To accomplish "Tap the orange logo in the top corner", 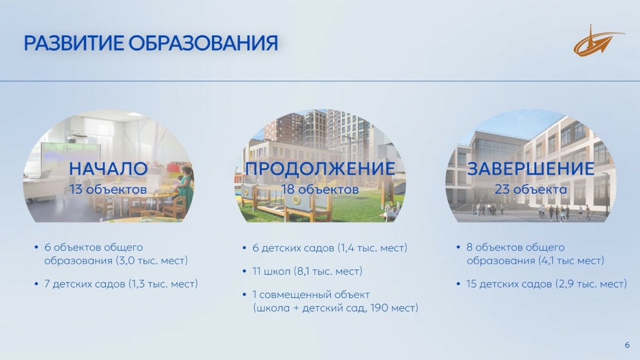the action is click(599, 41).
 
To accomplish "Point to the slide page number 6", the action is click(627, 345).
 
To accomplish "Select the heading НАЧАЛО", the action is click(108, 169).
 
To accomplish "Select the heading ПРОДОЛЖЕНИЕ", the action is click(320, 169).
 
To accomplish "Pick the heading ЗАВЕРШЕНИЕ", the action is click(531, 169).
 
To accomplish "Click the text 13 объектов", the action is click(108, 189).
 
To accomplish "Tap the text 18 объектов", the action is click(320, 189).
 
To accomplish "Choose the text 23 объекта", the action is click(531, 189).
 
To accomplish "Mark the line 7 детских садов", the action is click(121, 284).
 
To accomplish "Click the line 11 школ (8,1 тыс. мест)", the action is click(307, 271).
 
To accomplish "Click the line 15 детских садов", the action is click(546, 284).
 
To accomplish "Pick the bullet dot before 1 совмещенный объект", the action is click(244, 295).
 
